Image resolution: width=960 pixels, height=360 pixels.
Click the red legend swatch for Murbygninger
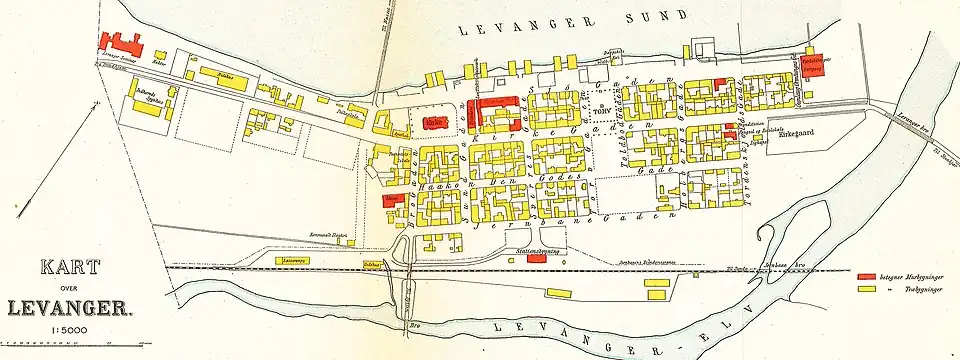867,273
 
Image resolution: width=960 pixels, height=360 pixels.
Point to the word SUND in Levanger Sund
657,17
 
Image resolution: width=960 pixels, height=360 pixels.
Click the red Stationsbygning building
536,258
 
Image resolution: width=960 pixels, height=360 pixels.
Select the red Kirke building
434,123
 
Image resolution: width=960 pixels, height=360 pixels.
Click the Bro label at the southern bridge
411,326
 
